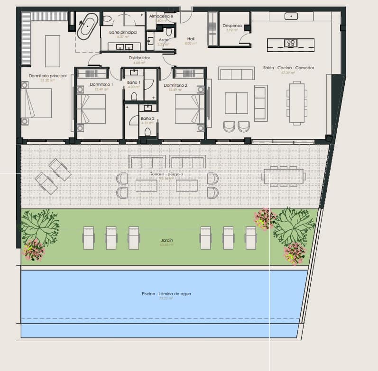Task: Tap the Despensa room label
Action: point(232,26)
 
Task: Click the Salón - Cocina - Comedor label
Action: point(288,68)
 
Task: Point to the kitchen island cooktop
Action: point(290,44)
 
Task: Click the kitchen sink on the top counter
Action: point(291,16)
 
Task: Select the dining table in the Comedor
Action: point(297,103)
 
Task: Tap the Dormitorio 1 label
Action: point(101,84)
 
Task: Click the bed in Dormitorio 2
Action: point(189,109)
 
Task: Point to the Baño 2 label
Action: point(147,118)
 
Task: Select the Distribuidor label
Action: point(139,58)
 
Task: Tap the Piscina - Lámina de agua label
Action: point(166,294)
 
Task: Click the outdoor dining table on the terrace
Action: point(283,177)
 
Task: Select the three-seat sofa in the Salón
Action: point(236,74)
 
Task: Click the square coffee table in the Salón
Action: point(236,103)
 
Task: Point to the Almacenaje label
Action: point(161,16)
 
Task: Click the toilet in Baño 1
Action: point(134,97)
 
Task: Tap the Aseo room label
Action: point(164,40)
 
